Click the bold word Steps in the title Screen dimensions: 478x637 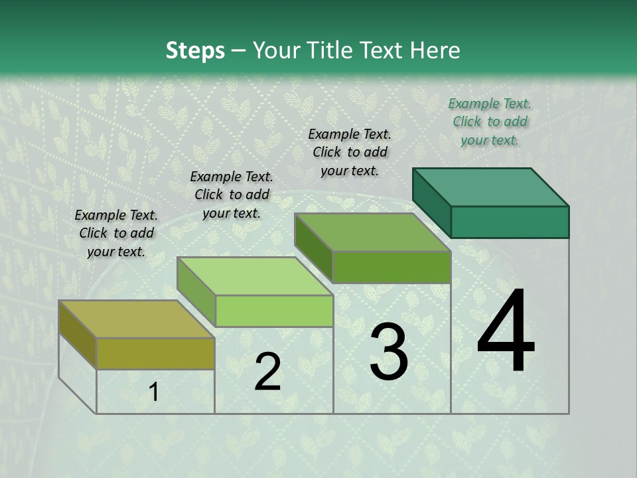tap(195, 50)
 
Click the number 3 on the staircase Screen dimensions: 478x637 tap(388, 352)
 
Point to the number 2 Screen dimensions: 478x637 tap(267, 372)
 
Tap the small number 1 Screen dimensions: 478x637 tap(154, 392)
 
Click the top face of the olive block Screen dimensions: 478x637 tap(136, 319)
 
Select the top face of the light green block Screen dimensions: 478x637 tap(254, 276)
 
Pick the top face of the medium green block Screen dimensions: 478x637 tap(372, 232)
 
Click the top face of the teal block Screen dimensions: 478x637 tap(490, 187)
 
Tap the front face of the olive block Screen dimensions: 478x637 tap(155, 353)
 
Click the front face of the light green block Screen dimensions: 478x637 tap(274, 311)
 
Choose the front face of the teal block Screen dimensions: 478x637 tap(510, 222)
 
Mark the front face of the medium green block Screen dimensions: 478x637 tap(391, 267)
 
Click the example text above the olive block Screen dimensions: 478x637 tap(116, 233)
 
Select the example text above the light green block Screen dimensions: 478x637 tap(232, 195)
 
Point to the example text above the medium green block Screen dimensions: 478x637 tap(350, 152)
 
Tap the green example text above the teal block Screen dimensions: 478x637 tap(490, 121)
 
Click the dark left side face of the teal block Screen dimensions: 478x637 tap(431, 202)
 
